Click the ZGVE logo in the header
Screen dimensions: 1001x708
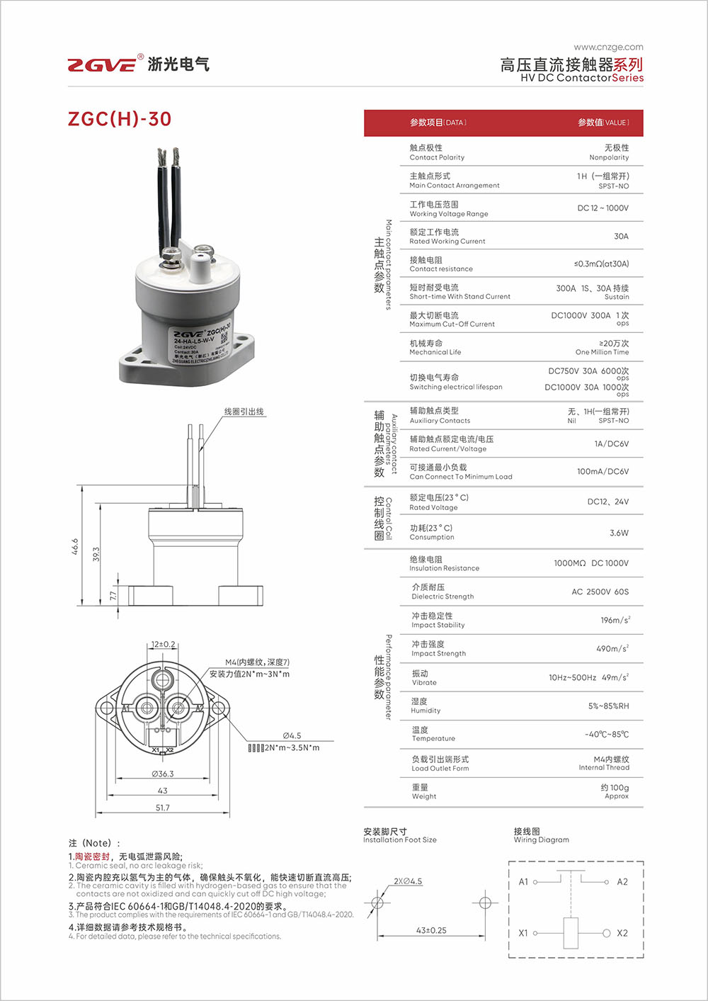click(x=103, y=64)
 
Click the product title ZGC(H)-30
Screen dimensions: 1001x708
click(x=120, y=119)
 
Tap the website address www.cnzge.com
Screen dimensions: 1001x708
click(x=608, y=47)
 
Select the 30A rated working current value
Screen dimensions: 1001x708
click(x=620, y=236)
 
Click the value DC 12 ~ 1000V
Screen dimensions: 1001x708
click(x=603, y=208)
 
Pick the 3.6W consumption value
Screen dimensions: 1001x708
click(x=619, y=533)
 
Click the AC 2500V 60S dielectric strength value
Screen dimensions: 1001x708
click(x=600, y=592)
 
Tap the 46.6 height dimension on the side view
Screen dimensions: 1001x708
click(x=75, y=545)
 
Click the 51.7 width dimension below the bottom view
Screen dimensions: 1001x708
click(x=162, y=808)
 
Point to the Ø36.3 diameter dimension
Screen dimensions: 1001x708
click(x=162, y=774)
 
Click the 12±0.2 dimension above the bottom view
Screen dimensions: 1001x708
click(x=163, y=644)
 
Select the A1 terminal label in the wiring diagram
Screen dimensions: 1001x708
click(x=523, y=882)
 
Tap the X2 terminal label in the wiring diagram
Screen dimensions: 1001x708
click(x=622, y=933)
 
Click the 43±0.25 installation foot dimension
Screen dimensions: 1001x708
click(x=431, y=930)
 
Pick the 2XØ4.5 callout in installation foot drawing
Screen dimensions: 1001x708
click(x=408, y=881)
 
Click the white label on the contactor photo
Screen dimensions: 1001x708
click(x=201, y=345)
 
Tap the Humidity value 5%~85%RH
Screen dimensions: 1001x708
click(x=607, y=706)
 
